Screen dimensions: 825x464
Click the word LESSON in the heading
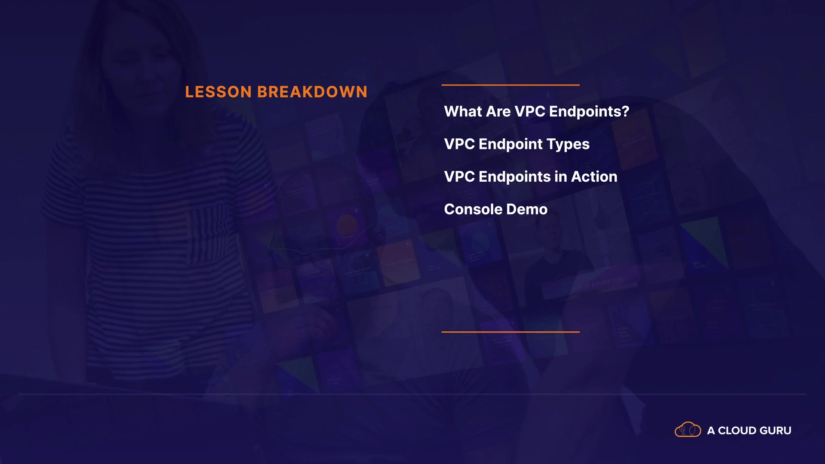[x=218, y=92]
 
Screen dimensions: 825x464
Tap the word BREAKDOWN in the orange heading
[x=312, y=92]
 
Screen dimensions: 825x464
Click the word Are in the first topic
[x=498, y=112]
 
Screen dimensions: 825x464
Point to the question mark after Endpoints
[x=626, y=112]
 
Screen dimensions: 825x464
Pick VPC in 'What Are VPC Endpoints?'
[x=530, y=112]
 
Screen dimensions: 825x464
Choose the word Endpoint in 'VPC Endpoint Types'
[x=511, y=145]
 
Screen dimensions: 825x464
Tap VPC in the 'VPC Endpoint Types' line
[x=459, y=144]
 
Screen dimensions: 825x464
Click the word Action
[x=594, y=177]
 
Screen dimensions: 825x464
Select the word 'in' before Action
[x=561, y=177]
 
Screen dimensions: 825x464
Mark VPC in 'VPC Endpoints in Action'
[x=459, y=177]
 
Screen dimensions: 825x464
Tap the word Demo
[x=527, y=210]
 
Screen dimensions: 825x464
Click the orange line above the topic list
[x=510, y=85]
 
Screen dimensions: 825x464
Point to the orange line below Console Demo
[x=510, y=332]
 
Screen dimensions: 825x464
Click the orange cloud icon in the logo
[x=688, y=430]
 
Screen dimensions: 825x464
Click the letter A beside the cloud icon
[x=711, y=430]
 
